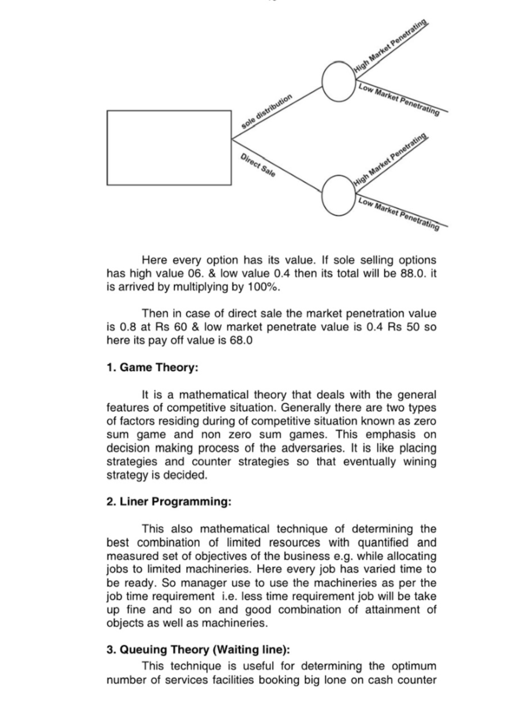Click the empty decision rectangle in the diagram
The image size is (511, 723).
click(169, 148)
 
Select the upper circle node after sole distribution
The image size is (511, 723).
click(339, 81)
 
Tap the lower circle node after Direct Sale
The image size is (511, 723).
click(339, 195)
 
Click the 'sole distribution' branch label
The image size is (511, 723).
click(267, 111)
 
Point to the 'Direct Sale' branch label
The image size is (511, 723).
click(258, 165)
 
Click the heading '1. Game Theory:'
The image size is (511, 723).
click(152, 367)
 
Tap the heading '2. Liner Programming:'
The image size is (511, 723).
click(169, 502)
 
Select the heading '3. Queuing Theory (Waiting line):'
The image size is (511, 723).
click(198, 650)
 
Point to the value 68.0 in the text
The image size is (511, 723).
click(241, 341)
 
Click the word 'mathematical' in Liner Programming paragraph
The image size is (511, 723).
click(235, 529)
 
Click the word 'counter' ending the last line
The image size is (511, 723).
click(417, 680)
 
